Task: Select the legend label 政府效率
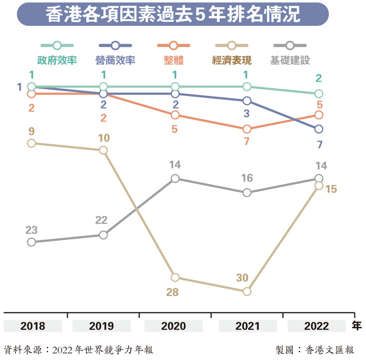coord(57,61)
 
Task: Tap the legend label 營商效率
coord(115,61)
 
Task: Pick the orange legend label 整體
coord(174,61)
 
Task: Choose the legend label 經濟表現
coord(232,61)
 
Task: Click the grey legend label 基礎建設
coord(290,61)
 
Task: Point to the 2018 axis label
coord(33,326)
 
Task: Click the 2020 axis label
coord(174,326)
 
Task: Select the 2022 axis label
coord(317,326)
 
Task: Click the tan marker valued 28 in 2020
coord(175,278)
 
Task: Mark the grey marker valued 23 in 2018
coord(31,242)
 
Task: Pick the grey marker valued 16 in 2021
coord(247,193)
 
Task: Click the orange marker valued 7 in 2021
coord(247,129)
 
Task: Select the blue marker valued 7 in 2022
coord(319,129)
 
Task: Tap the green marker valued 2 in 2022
coord(319,94)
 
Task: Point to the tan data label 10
coord(103,138)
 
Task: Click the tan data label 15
coord(331,189)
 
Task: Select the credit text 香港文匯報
coord(330,349)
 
